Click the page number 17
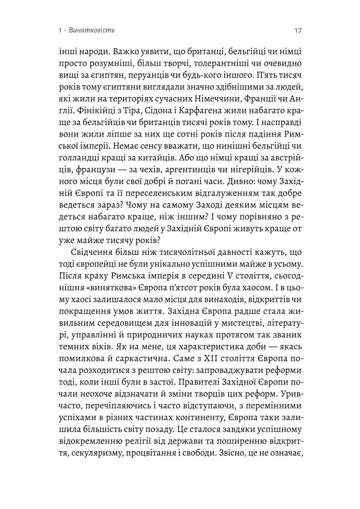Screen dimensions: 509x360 click(x=297, y=31)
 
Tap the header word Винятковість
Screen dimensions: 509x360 click(x=96, y=31)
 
